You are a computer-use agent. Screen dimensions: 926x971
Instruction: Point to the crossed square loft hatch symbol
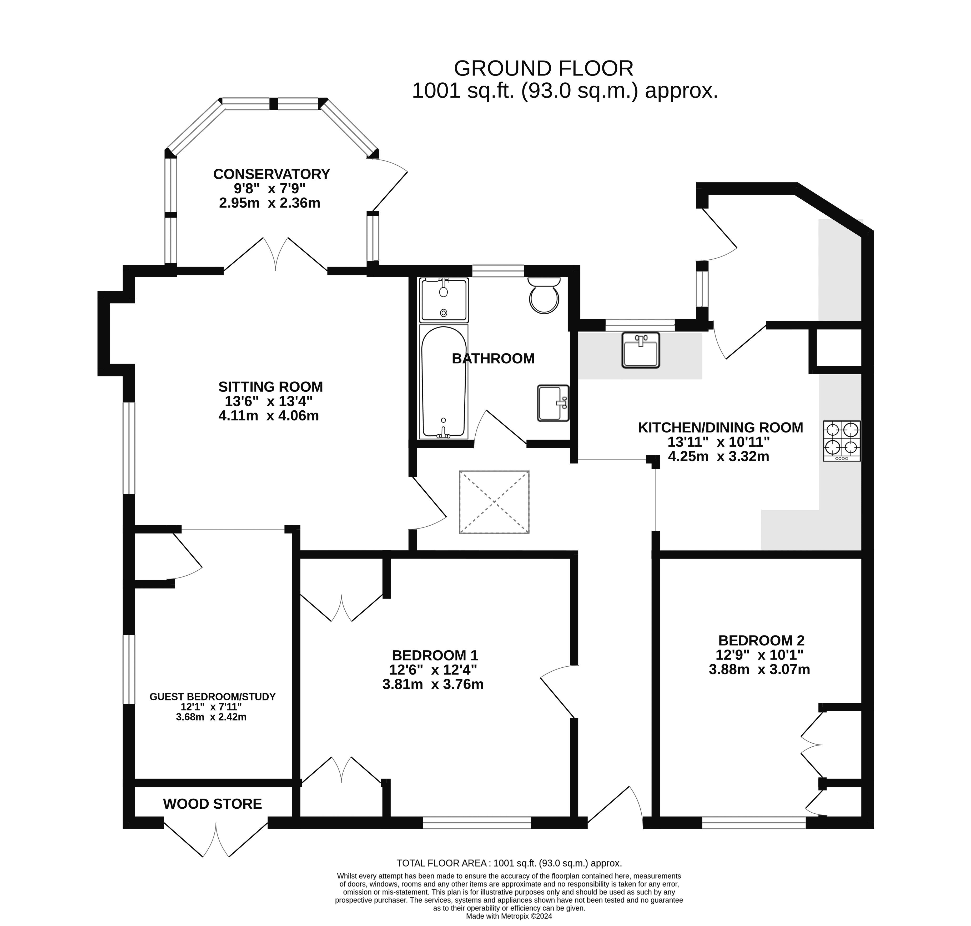(494, 502)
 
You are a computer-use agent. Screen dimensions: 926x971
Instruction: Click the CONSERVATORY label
(271, 174)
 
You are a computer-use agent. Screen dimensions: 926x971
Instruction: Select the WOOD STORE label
(212, 804)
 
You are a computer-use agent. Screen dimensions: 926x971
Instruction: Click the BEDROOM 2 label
(761, 640)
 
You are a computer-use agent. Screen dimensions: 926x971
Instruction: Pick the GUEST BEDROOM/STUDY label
(212, 697)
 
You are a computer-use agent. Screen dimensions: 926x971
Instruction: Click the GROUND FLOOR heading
(544, 69)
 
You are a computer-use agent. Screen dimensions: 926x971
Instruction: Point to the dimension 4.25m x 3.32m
(718, 457)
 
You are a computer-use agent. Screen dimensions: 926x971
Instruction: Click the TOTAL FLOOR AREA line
(509, 863)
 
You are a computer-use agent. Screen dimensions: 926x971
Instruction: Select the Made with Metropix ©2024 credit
(509, 916)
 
